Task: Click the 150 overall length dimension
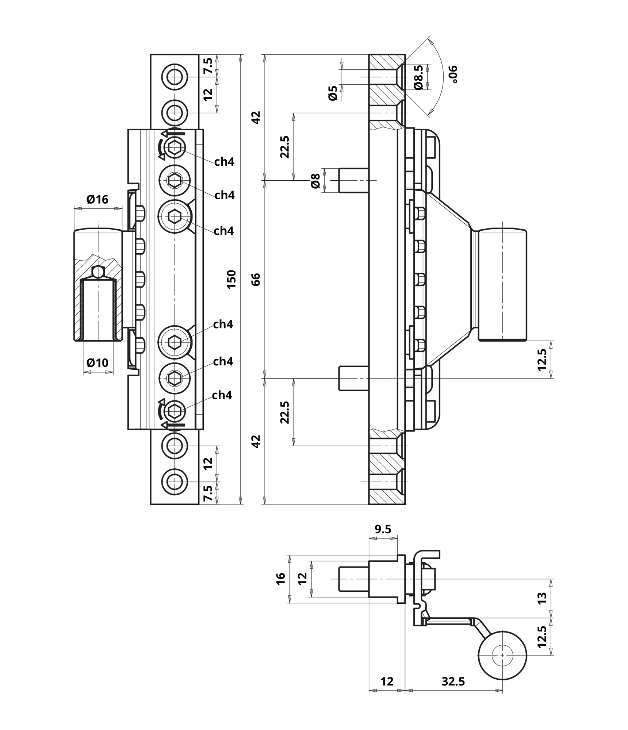[232, 279]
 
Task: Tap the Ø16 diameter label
[97, 199]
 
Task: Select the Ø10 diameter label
[97, 362]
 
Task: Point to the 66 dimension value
[256, 279]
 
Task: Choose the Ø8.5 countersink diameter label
[418, 77]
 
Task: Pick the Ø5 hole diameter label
[333, 93]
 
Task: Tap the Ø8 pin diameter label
[315, 181]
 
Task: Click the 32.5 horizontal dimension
[453, 681]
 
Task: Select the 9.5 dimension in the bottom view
[383, 529]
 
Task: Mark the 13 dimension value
[542, 598]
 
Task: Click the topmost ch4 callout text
[224, 162]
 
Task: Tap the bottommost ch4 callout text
[222, 395]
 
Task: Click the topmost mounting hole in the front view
[175, 77]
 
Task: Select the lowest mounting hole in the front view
[175, 481]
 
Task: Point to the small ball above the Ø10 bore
[98, 272]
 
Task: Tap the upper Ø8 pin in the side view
[353, 180]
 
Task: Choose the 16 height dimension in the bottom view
[280, 579]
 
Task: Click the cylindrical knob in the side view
[503, 285]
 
